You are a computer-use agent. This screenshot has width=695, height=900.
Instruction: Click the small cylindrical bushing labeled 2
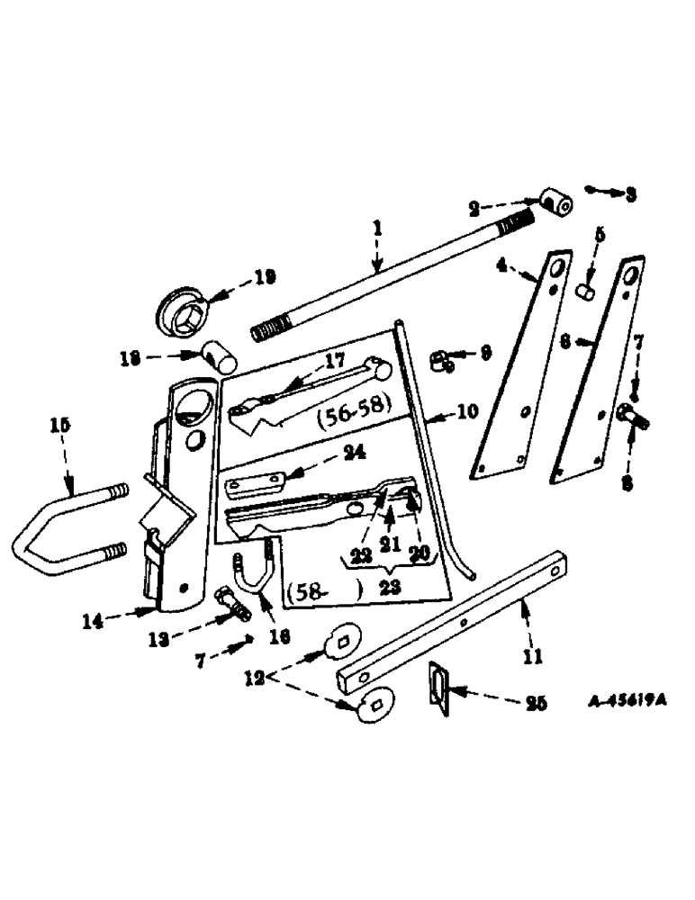tap(555, 203)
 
